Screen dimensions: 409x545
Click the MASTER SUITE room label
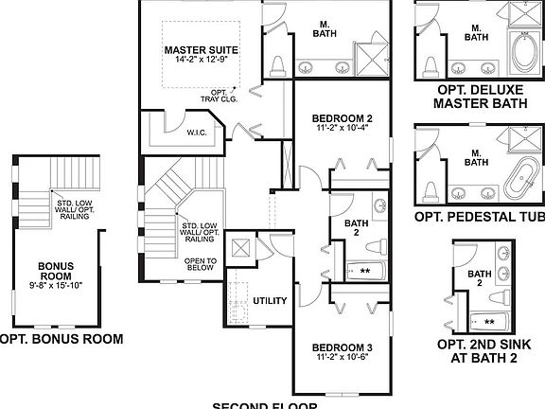tap(201, 50)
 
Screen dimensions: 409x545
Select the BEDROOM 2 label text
tap(343, 118)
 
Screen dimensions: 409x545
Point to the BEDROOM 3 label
tap(343, 348)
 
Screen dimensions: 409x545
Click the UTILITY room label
tap(270, 300)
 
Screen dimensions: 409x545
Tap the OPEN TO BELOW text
tap(202, 263)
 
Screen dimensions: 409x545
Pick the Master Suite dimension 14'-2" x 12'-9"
tap(201, 62)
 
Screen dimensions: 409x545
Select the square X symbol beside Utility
tap(240, 248)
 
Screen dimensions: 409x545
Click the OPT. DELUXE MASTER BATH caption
tap(476, 98)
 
